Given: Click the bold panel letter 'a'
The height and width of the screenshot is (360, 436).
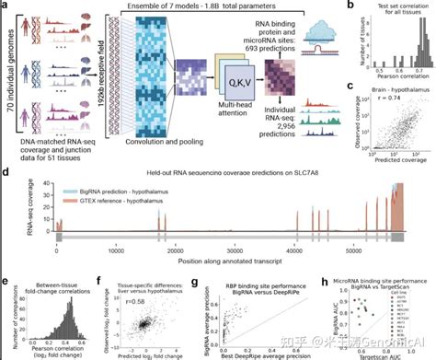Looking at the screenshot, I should point(6,6).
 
